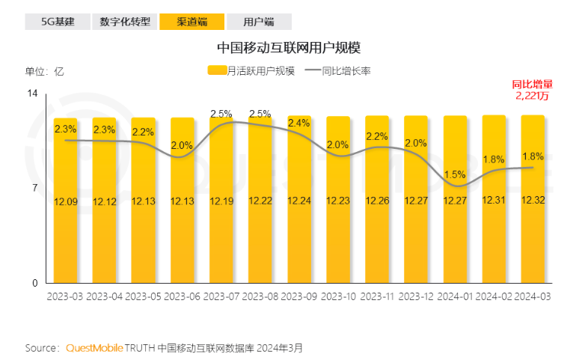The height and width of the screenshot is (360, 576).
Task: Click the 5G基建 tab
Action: pos(58,21)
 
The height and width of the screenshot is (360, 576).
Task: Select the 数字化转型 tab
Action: pos(124,21)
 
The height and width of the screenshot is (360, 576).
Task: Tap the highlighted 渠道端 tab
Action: pos(192,21)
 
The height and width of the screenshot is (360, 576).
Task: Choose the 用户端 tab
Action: pos(259,21)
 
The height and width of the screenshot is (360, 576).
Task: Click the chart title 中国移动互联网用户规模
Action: pos(289,48)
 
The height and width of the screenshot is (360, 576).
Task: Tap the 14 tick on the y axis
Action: pos(33,93)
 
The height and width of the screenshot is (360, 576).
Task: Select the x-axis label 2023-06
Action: pos(182,296)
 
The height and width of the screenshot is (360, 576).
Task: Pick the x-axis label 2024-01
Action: pos(455,296)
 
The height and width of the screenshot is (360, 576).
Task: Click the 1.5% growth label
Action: pos(454,174)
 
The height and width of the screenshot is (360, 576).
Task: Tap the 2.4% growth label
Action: pos(298,123)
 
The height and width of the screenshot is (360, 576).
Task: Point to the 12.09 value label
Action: pos(65,201)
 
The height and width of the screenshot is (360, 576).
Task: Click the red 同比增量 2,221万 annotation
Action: pos(532,90)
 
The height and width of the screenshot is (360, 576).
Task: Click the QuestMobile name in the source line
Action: pos(94,348)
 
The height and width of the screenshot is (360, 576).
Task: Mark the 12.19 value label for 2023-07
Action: pos(221,201)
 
